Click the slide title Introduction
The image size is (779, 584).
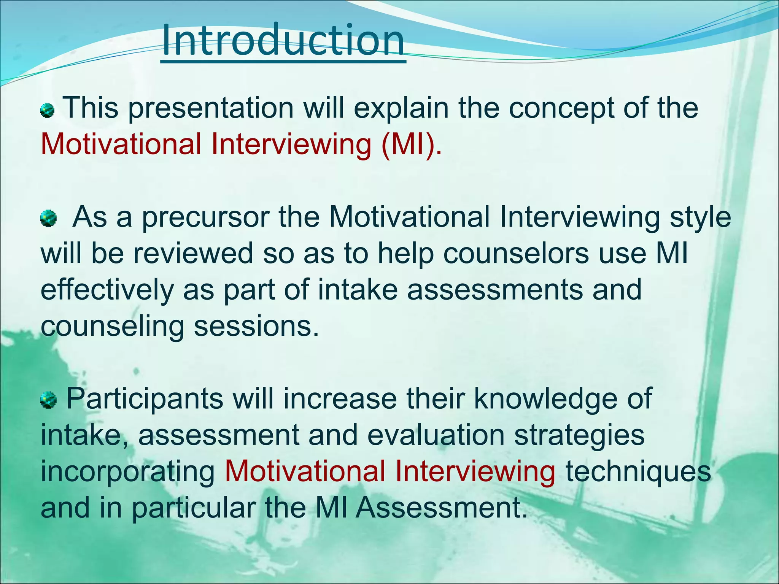pos(283,40)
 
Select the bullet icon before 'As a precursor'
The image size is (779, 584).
pos(48,219)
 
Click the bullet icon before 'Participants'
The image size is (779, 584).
pos(48,400)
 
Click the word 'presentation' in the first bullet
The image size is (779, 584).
pos(211,109)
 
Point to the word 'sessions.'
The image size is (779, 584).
pos(256,326)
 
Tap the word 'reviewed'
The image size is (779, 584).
pos(193,254)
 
